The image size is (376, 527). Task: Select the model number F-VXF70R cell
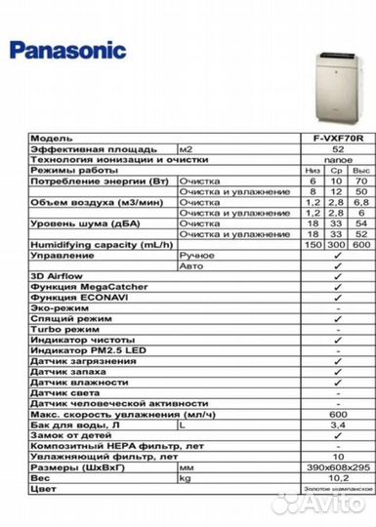click(x=337, y=139)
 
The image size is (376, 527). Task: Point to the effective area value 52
click(x=337, y=148)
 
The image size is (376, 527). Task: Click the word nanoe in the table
click(x=337, y=158)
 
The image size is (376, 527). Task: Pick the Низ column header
click(x=313, y=169)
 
